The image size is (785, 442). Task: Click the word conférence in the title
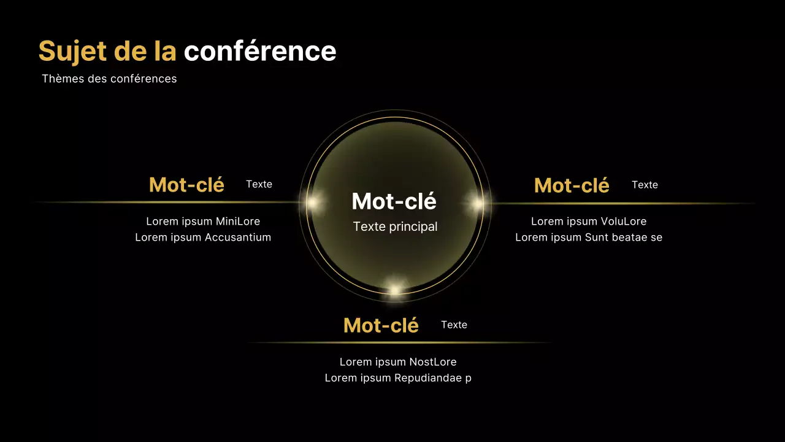(x=260, y=52)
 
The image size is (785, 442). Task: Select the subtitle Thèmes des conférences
(x=109, y=79)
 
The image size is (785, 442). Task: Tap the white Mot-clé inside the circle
(x=394, y=201)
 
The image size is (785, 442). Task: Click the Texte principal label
(x=395, y=227)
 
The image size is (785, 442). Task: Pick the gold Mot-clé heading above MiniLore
(x=186, y=185)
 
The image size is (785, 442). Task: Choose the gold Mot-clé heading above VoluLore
(x=572, y=185)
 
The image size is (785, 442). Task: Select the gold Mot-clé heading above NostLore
(x=381, y=325)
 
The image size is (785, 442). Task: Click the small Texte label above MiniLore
(x=259, y=184)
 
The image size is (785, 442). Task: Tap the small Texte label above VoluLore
(x=645, y=185)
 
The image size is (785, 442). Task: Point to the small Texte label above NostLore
(x=454, y=325)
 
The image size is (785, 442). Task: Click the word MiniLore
(x=238, y=222)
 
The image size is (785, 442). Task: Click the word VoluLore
(x=622, y=222)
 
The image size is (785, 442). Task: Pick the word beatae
(x=629, y=238)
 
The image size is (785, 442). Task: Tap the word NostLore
(x=432, y=362)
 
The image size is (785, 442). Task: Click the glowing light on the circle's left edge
(x=312, y=202)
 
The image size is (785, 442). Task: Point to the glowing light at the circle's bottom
(x=396, y=289)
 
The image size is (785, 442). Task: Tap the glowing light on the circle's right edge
(x=477, y=203)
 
